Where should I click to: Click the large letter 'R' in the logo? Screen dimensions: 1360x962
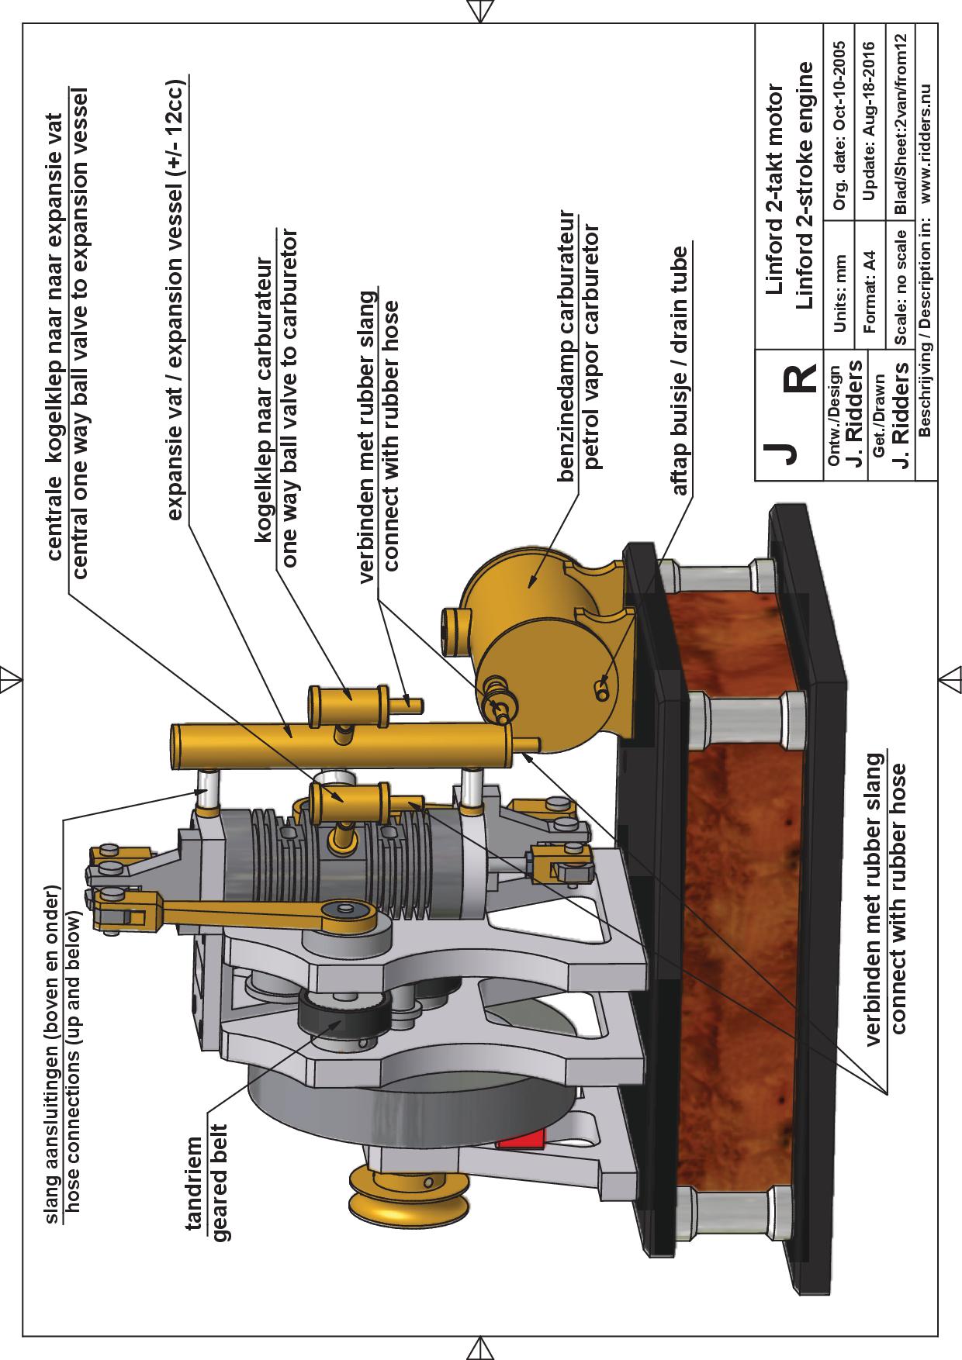(x=799, y=378)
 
